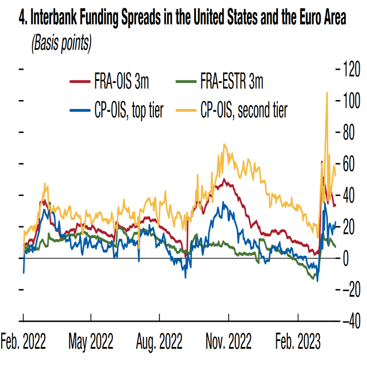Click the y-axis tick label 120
[352, 69]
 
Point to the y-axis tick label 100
[352, 101]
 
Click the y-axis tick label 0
[347, 259]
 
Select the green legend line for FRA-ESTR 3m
[187, 83]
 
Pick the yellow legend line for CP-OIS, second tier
[187, 111]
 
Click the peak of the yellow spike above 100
[327, 92]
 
